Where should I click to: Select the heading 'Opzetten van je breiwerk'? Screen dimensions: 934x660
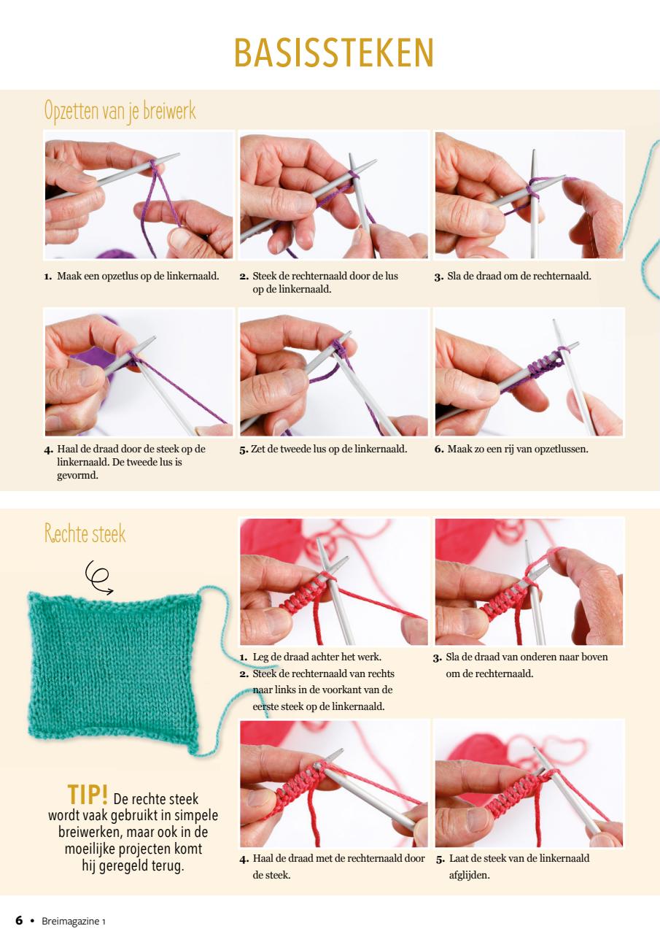coord(120,112)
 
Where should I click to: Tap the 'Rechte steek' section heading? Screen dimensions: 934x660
coord(85,534)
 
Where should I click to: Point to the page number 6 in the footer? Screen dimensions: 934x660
coord(20,920)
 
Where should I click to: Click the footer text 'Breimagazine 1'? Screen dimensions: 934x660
coord(74,921)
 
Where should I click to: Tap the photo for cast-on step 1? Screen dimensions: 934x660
coord(139,195)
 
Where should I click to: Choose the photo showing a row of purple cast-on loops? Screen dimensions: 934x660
coord(529,372)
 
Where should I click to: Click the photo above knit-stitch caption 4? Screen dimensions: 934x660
coord(334,784)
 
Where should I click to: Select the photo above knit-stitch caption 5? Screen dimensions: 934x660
coord(529,784)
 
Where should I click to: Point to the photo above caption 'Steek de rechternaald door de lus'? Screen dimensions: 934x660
coord(334,195)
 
